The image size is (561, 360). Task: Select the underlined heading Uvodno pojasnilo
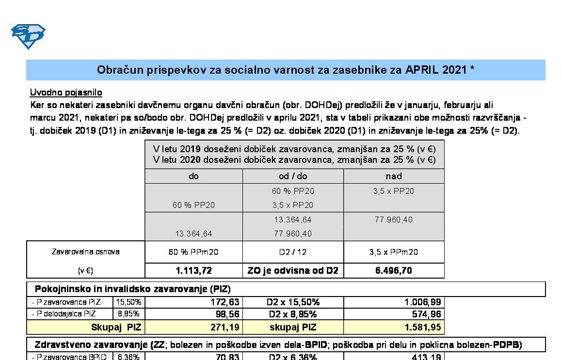(66, 92)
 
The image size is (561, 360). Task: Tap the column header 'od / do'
(293, 176)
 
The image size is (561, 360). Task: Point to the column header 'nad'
(394, 176)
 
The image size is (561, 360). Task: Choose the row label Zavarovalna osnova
(85, 252)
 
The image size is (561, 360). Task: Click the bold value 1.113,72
(193, 270)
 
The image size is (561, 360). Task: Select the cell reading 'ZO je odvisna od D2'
(293, 270)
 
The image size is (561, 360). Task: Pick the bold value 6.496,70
(394, 270)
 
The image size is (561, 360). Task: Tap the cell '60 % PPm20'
(193, 252)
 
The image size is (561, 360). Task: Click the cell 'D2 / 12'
(293, 252)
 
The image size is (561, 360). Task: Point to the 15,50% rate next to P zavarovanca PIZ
(129, 302)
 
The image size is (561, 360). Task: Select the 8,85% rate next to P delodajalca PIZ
(129, 313)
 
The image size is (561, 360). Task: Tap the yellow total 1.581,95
(423, 328)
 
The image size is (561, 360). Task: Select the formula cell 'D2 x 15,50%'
(293, 302)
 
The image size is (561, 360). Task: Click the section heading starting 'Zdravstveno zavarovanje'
(91, 345)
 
